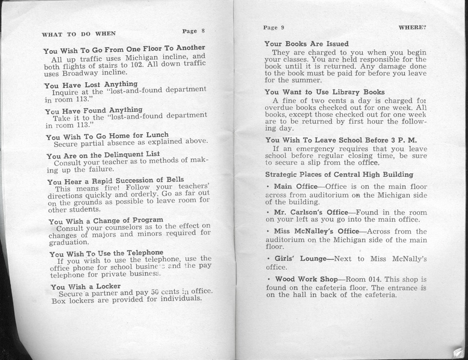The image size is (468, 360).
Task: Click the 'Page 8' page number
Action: (x=194, y=31)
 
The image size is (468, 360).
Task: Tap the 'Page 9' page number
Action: (x=274, y=27)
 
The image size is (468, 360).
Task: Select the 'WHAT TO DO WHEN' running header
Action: (x=79, y=34)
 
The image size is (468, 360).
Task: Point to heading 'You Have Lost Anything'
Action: (x=91, y=84)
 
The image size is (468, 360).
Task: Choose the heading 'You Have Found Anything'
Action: (x=94, y=110)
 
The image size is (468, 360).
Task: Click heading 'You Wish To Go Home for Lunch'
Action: (x=107, y=136)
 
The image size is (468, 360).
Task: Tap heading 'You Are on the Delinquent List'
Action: (x=103, y=155)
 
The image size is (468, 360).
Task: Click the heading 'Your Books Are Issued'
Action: (x=306, y=44)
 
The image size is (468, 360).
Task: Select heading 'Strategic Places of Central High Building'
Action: (x=339, y=174)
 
